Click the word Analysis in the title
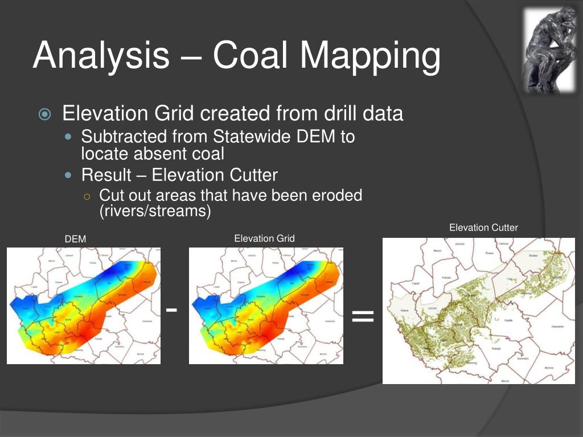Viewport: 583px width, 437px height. pos(101,56)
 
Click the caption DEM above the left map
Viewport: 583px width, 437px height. pos(75,240)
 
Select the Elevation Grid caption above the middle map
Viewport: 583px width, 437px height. pos(264,238)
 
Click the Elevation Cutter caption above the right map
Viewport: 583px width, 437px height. pos(483,228)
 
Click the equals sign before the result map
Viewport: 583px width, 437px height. pos(363,316)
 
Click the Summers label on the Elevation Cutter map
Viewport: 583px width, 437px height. pos(522,359)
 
